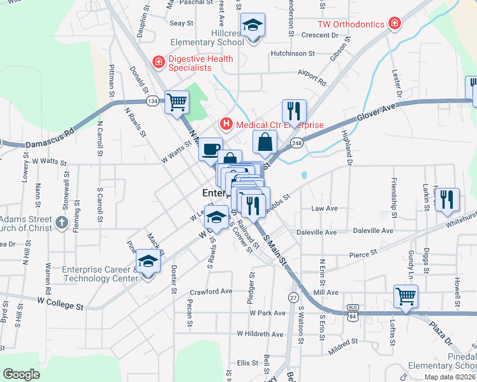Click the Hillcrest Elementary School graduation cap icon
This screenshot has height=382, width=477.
253,25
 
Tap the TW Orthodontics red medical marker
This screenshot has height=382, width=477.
395,24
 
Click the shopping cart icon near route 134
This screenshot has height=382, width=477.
177,101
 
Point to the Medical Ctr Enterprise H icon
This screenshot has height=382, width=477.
225,123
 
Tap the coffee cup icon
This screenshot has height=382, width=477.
211,150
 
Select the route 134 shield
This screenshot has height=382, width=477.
152,101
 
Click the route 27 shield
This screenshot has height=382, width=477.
293,297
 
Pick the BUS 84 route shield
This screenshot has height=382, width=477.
353,309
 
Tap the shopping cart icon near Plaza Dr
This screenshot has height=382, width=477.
406,295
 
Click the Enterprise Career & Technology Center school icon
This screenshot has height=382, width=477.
148,261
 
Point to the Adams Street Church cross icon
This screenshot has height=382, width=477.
61,222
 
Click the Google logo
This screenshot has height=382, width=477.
21,374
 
